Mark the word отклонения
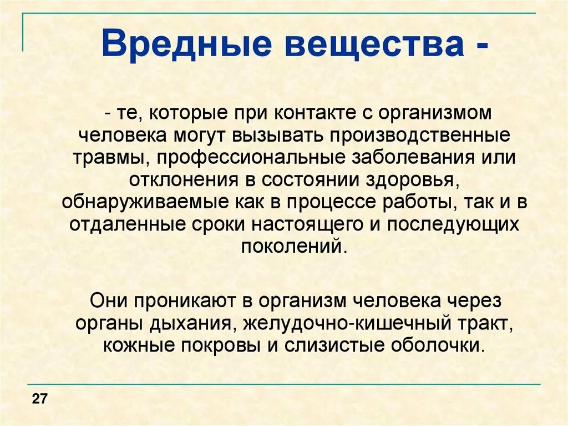(177, 180)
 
